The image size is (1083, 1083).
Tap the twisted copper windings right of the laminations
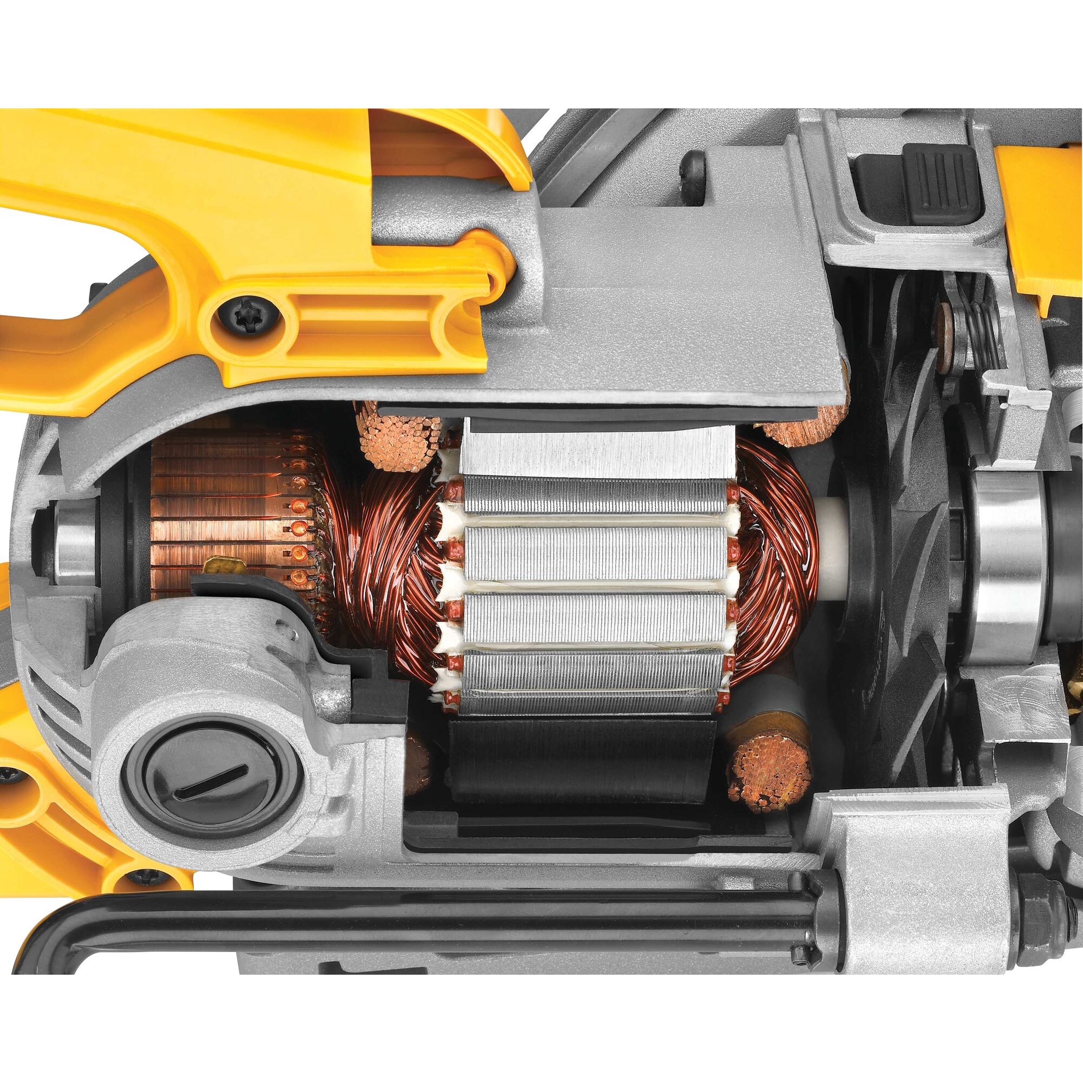click(x=774, y=555)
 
